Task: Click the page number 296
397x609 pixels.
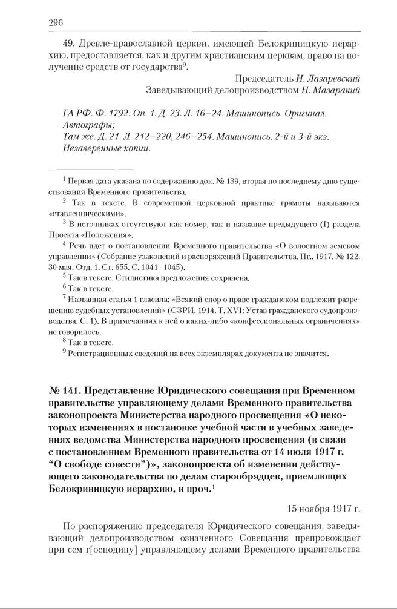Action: coord(56,23)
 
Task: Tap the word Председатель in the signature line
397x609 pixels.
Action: coord(261,79)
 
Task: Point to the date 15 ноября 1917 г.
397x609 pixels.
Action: coord(323,509)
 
